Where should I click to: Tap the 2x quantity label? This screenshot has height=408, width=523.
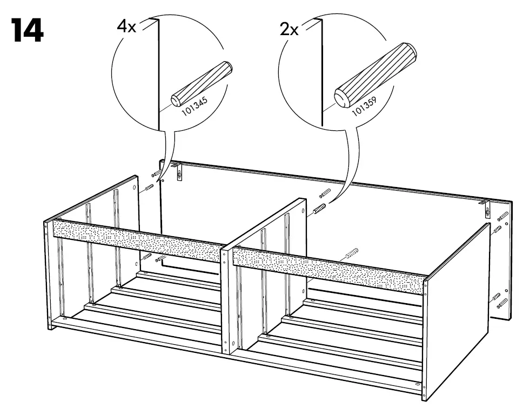coord(289,29)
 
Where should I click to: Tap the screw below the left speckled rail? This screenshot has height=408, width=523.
coord(160,260)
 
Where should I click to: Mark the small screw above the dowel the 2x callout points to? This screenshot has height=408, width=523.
coord(325,193)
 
